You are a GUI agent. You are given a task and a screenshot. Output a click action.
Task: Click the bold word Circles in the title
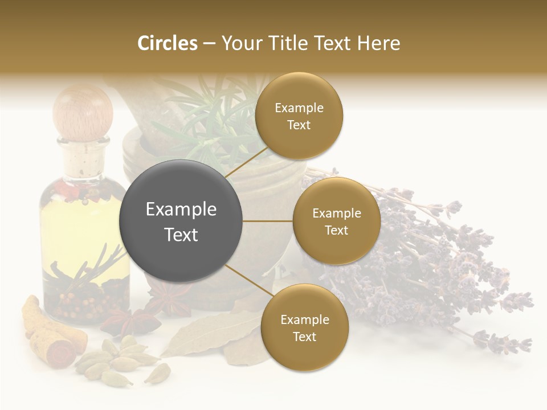tap(167, 43)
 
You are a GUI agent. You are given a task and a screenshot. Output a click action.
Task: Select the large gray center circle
tap(181, 221)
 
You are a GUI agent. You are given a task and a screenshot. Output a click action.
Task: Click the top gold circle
tap(299, 116)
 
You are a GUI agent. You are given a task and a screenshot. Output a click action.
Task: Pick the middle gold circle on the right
tap(336, 221)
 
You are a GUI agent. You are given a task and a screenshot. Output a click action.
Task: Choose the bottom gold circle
tap(304, 327)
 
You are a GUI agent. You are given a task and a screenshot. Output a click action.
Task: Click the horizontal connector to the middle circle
tap(267, 221)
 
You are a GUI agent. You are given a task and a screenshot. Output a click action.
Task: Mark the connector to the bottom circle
tap(245, 280)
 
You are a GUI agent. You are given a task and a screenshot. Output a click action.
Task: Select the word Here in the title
tap(378, 43)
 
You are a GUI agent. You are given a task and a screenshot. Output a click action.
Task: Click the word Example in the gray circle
tap(181, 210)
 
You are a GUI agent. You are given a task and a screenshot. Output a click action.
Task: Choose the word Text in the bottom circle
tap(304, 337)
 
